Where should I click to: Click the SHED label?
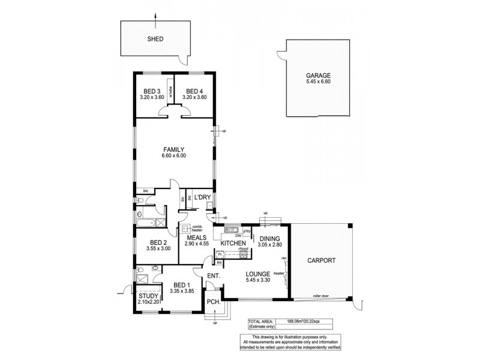[x=155, y=39]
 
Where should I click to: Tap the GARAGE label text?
[x=318, y=76]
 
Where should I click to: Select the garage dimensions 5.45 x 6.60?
[x=318, y=83]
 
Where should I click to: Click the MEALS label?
[x=197, y=238]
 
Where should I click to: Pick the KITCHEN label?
[x=231, y=243]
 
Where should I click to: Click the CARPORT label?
[x=322, y=261]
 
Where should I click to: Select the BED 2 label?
[x=159, y=244]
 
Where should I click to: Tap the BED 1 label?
[x=181, y=285]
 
